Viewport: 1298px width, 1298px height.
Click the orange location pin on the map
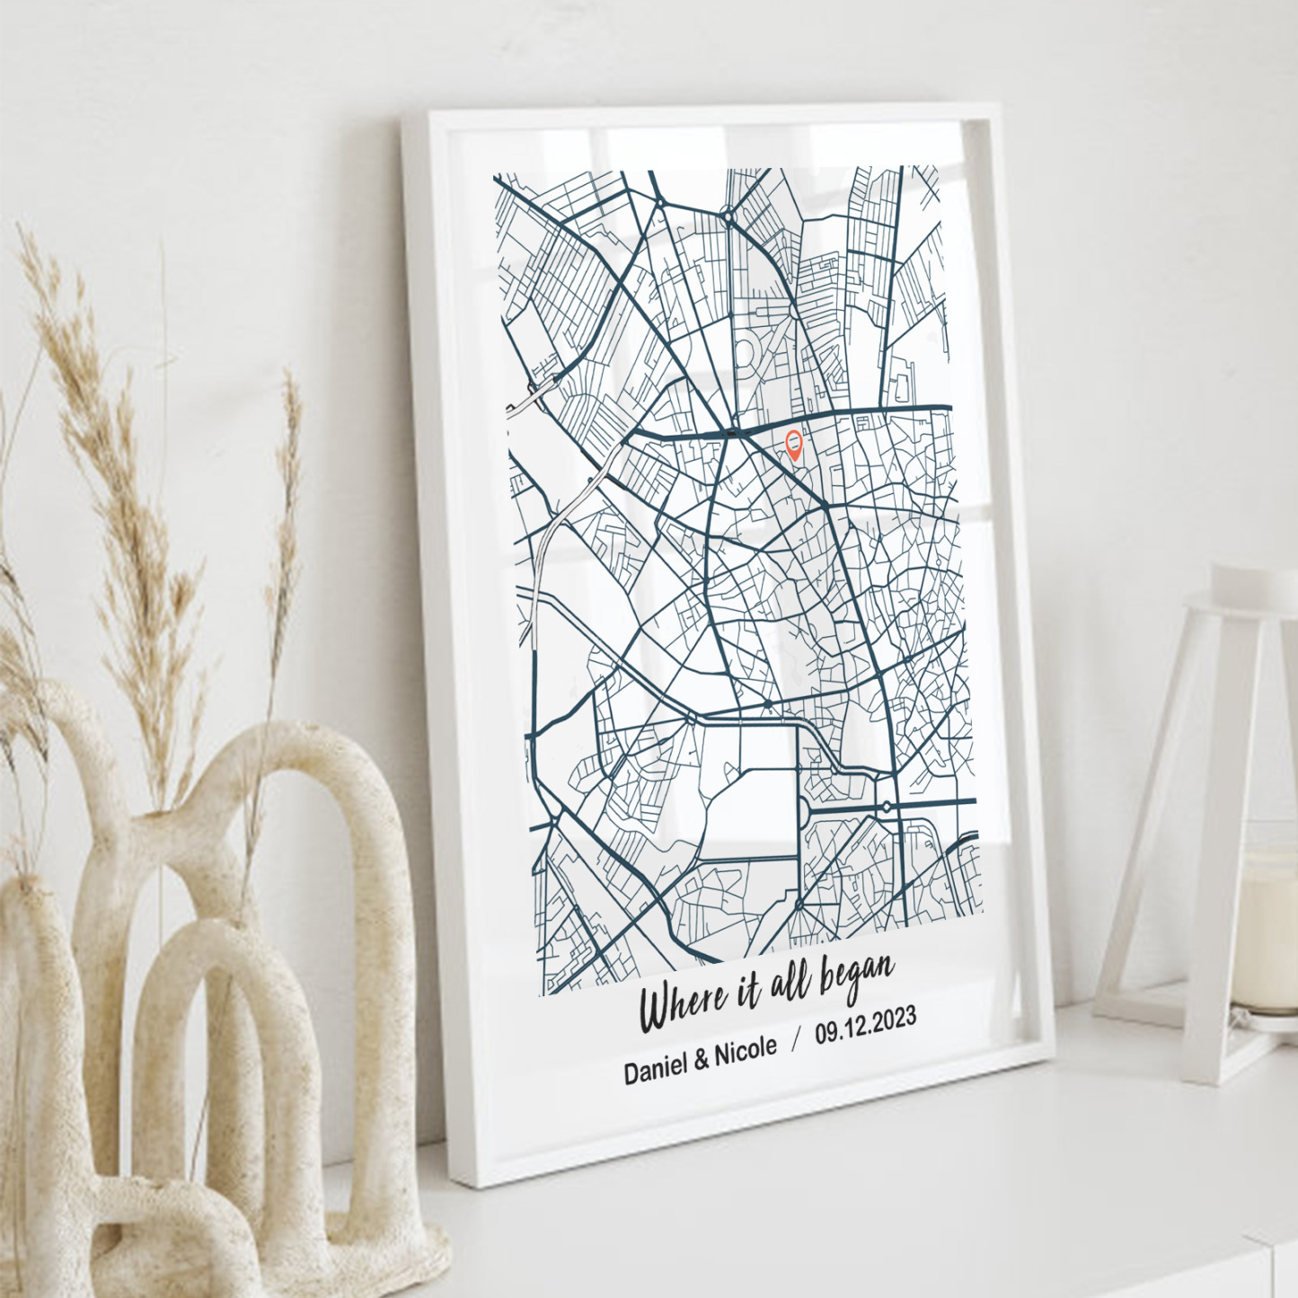[794, 444]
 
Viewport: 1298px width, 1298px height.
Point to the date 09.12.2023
[865, 1025]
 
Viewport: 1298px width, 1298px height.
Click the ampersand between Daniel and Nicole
[701, 1061]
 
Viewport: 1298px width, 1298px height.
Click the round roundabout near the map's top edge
[728, 216]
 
